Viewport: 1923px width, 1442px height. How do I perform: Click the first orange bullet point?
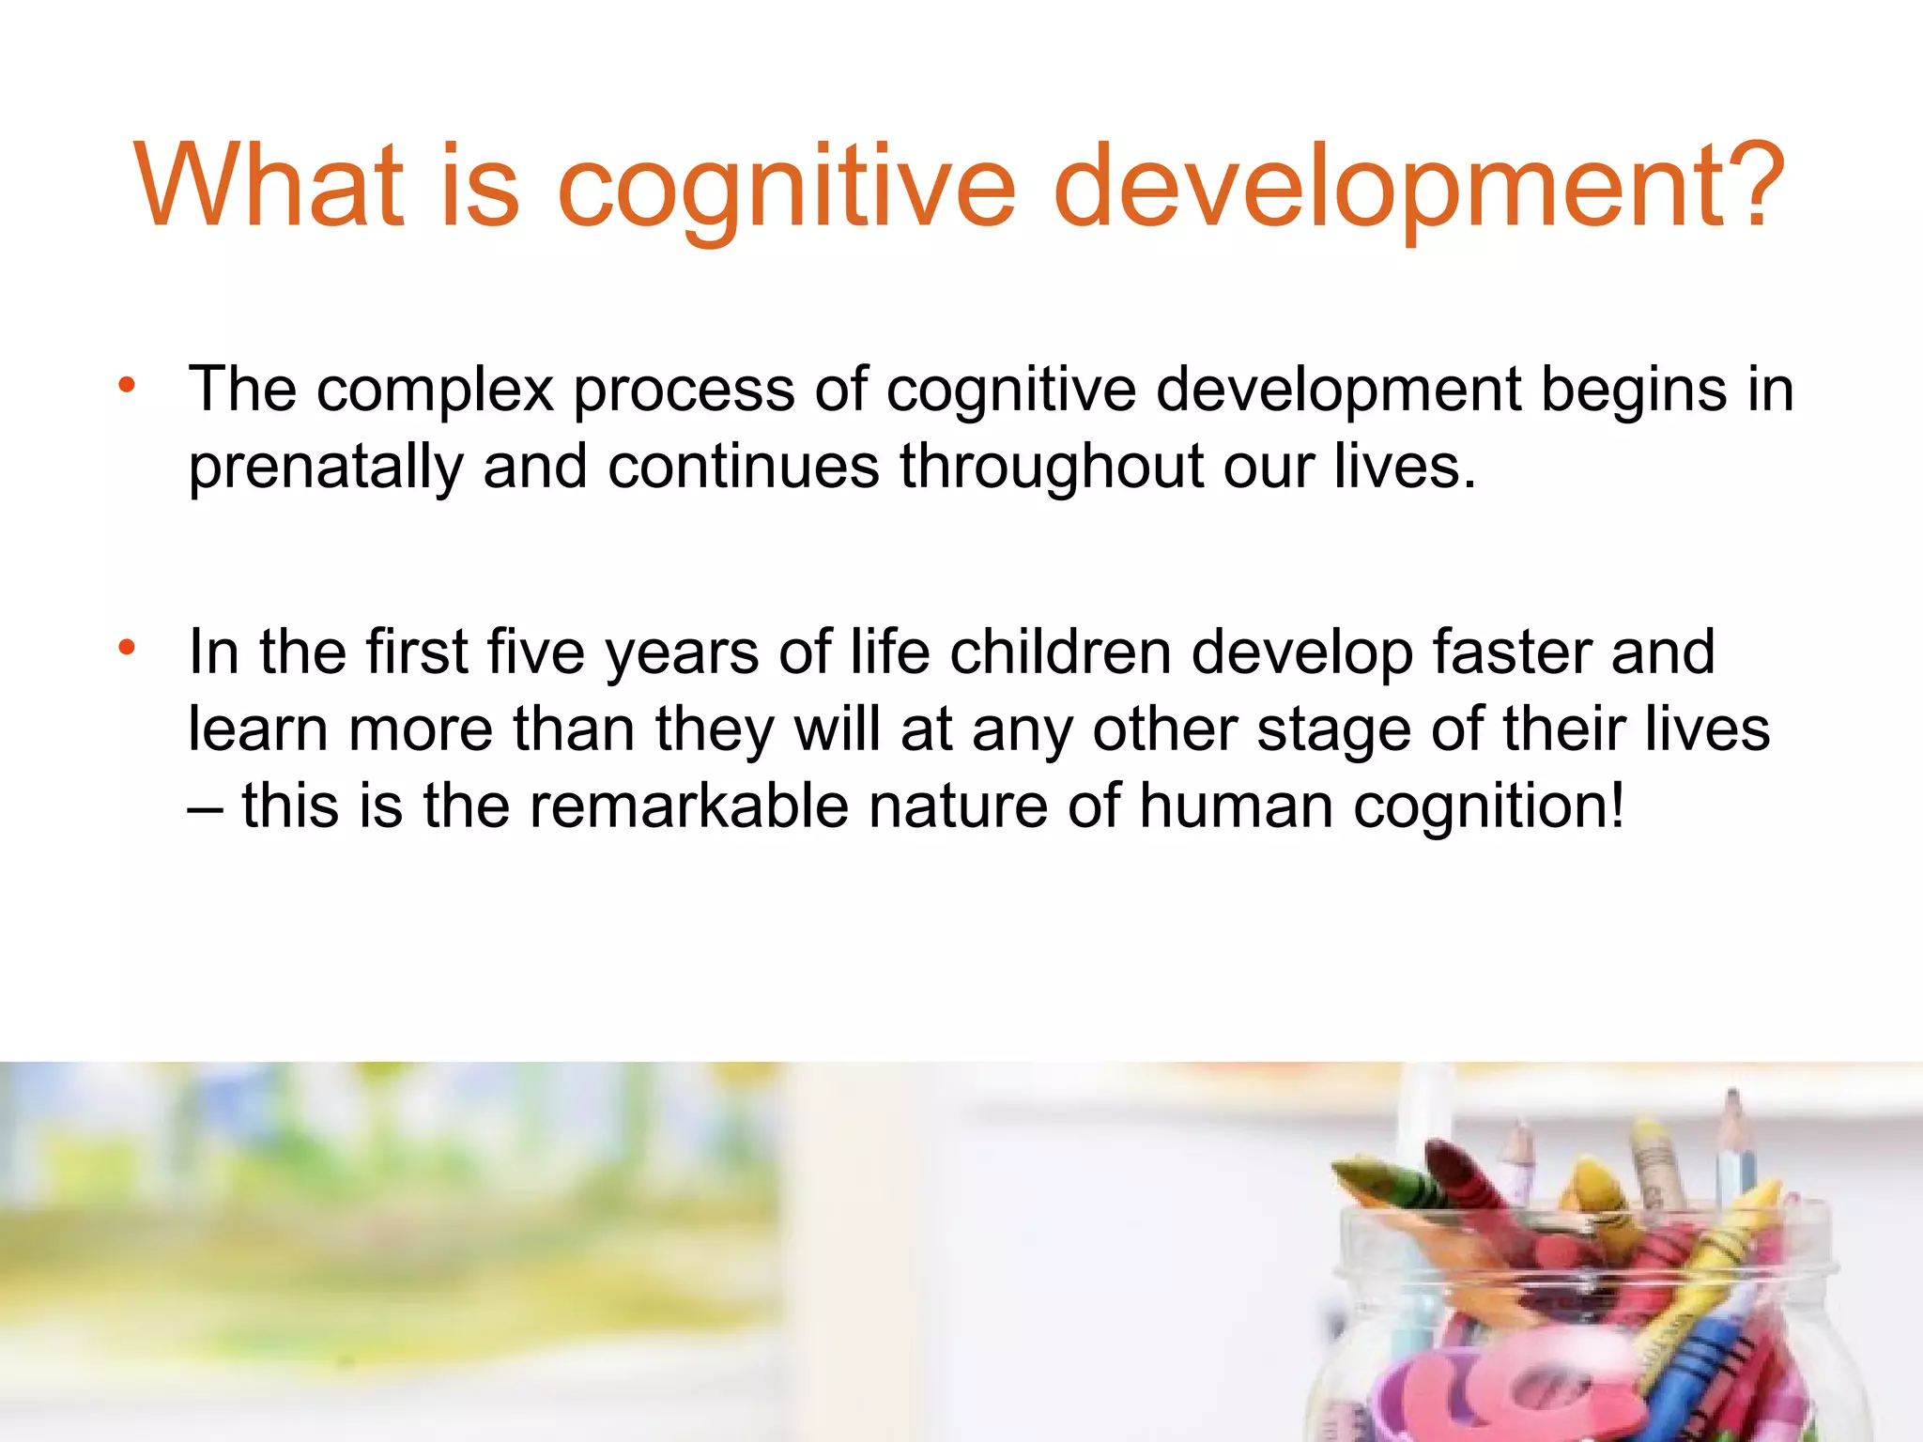pos(127,385)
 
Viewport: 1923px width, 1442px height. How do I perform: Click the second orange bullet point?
pos(127,648)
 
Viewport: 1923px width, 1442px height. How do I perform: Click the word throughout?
pos(1052,466)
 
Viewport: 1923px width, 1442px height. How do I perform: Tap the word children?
pos(1060,652)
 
